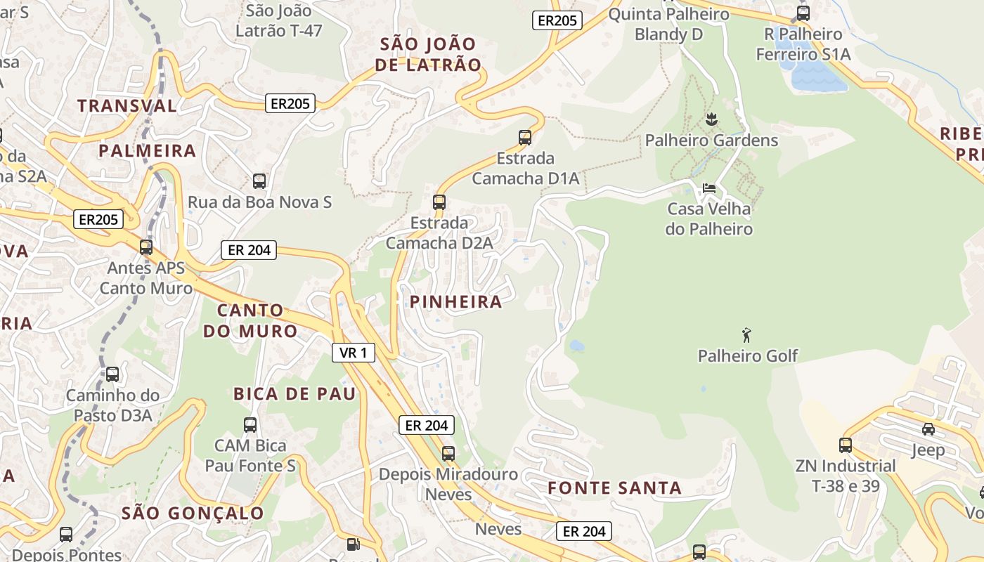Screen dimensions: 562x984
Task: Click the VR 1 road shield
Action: click(x=353, y=353)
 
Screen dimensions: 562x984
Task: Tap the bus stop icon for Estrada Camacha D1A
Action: click(x=525, y=137)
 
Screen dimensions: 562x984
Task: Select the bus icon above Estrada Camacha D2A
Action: click(x=439, y=202)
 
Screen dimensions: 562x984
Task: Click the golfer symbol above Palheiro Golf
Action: click(x=746, y=335)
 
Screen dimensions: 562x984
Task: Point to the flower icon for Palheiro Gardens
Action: click(x=711, y=119)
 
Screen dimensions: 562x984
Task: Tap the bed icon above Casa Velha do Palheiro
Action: click(x=709, y=188)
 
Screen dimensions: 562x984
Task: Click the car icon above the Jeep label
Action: click(x=928, y=429)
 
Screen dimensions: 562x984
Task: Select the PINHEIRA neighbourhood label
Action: click(x=455, y=302)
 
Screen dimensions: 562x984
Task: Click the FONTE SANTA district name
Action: click(x=614, y=488)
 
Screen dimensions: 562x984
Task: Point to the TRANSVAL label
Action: click(x=127, y=106)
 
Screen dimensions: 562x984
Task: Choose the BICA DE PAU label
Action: click(x=294, y=393)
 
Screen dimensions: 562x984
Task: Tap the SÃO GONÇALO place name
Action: click(x=193, y=513)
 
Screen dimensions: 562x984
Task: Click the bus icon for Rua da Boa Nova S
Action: click(x=259, y=181)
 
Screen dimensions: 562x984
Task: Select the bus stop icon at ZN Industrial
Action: click(x=845, y=445)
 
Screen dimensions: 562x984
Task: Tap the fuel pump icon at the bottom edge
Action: click(x=354, y=544)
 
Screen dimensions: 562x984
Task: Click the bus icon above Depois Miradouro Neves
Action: click(x=448, y=453)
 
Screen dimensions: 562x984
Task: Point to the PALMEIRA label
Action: click(x=147, y=151)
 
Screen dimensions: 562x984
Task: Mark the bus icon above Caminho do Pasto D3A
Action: click(x=112, y=374)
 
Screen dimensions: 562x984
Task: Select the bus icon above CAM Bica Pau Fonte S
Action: click(x=250, y=424)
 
